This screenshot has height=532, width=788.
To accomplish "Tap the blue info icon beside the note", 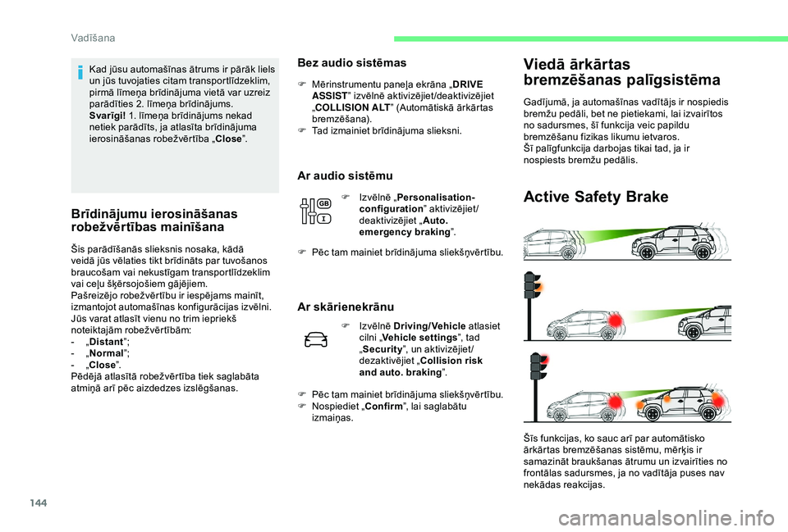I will [x=80, y=71].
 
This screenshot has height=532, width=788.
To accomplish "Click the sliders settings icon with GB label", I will [x=314, y=211].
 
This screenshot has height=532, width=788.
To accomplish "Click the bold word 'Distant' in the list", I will [x=106, y=342].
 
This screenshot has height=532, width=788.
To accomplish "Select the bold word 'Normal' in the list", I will [x=106, y=353].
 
